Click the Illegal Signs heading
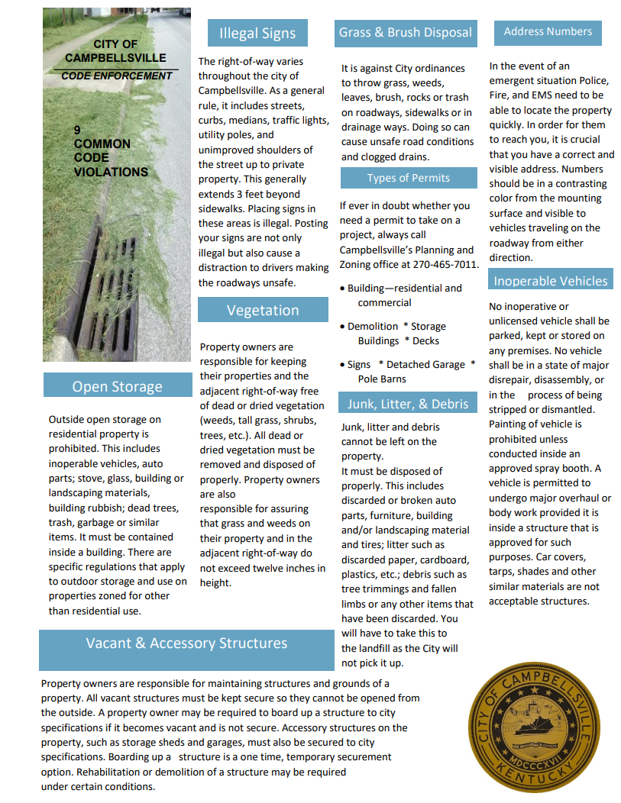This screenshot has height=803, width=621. tap(257, 34)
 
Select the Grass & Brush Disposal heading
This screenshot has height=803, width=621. tap(406, 33)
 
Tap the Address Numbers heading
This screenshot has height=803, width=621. tap(548, 32)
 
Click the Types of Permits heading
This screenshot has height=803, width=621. tap(409, 178)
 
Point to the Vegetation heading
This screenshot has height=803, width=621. tap(263, 310)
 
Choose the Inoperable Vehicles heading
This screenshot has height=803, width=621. tap(550, 281)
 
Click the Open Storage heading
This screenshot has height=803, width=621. tap(117, 386)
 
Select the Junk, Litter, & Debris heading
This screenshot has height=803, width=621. tap(408, 404)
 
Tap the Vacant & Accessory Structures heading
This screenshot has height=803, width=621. tap(186, 643)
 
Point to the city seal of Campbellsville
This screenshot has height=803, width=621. tap(527, 732)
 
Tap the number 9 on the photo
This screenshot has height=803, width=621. tap(77, 131)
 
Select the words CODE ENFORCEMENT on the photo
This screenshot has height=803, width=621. tap(117, 76)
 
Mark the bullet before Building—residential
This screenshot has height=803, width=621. tap(342, 289)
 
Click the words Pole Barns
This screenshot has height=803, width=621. tap(382, 379)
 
